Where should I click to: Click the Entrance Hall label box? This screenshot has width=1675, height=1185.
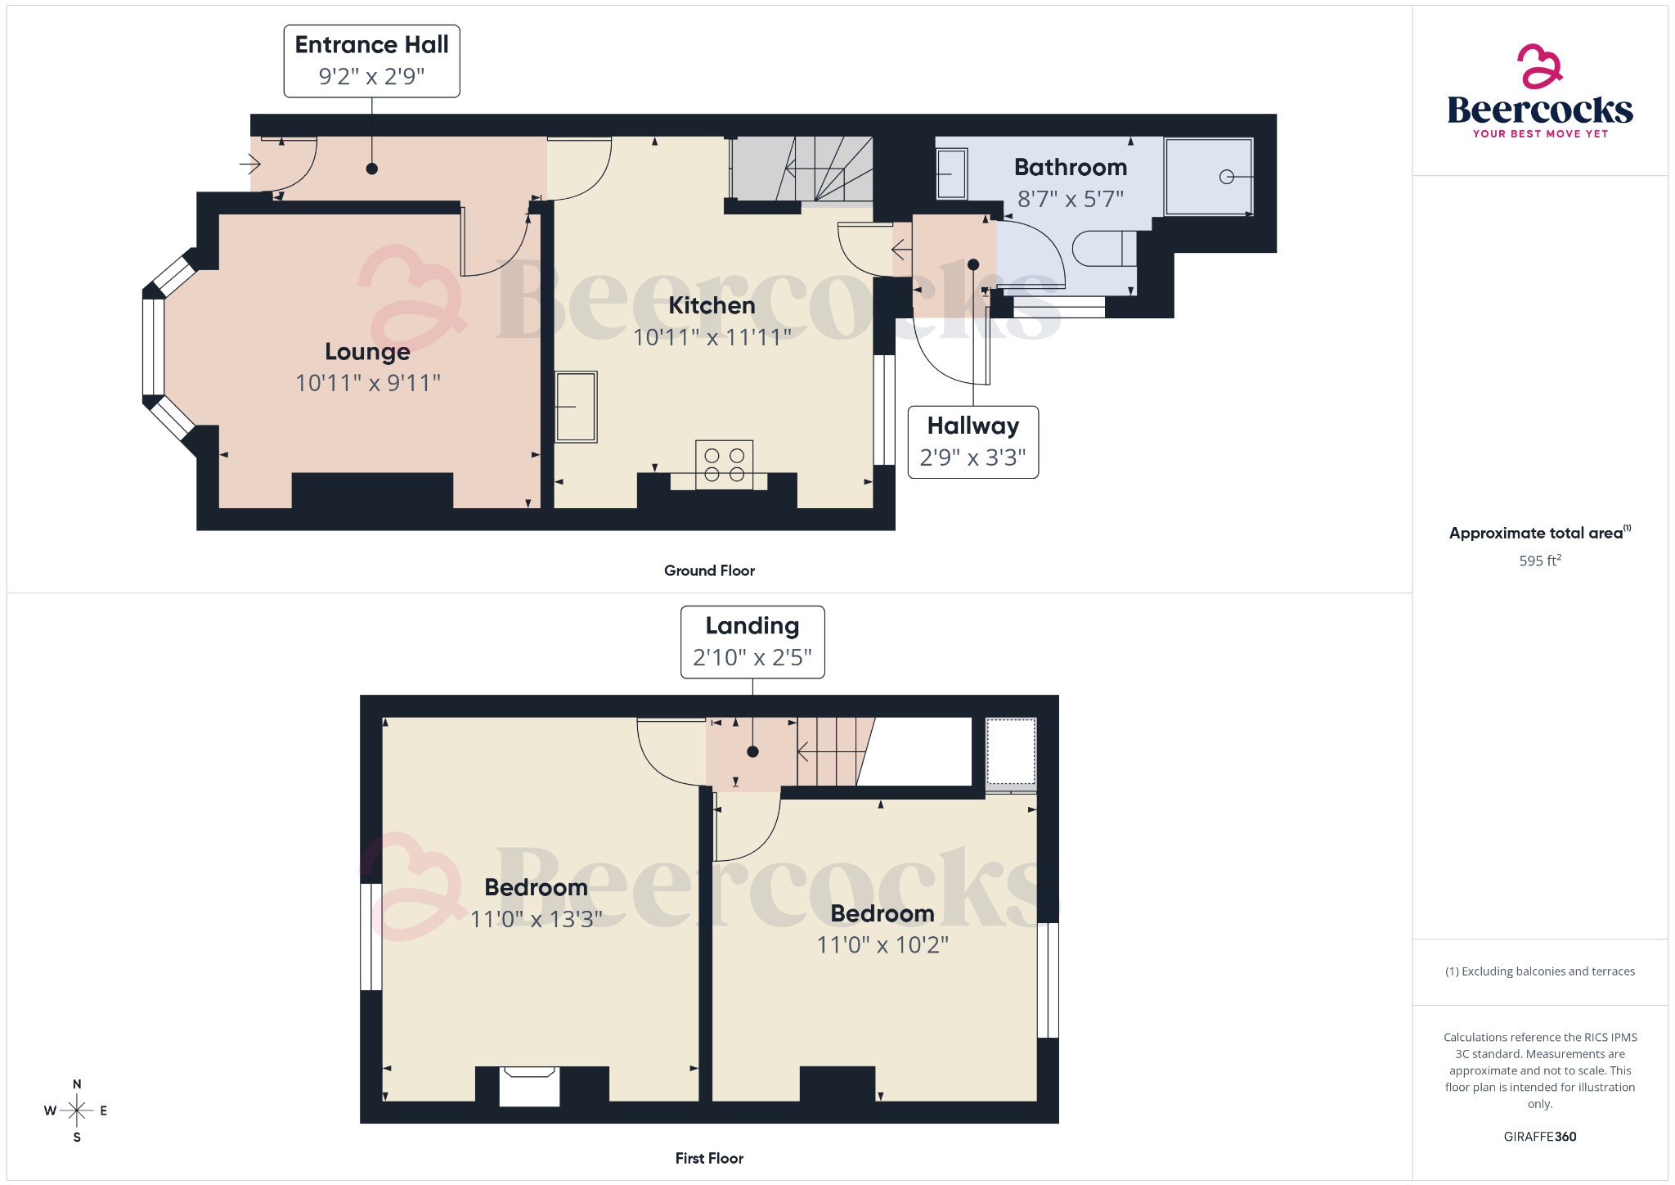[x=371, y=61]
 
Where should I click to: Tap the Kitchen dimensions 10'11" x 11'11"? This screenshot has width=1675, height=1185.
[x=712, y=337]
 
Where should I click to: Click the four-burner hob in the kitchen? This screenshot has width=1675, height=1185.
[x=724, y=465]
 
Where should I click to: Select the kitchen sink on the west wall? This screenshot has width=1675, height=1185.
[x=576, y=407]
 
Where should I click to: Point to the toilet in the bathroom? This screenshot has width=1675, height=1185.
[x=1103, y=249]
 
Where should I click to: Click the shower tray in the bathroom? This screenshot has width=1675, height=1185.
[x=1209, y=177]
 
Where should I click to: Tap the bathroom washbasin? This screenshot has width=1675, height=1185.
[x=951, y=173]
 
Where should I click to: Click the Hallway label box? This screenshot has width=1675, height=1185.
[x=972, y=442]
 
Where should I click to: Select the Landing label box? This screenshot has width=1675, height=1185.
[x=752, y=642]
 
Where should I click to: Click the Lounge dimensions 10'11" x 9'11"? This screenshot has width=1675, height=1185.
[x=368, y=383]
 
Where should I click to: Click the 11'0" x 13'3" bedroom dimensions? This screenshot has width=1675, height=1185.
[x=537, y=919]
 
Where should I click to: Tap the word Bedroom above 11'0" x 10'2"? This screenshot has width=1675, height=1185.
[x=882, y=913]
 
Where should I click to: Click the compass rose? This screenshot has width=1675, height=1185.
[x=77, y=1111]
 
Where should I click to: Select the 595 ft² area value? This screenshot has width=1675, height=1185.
[x=1540, y=561]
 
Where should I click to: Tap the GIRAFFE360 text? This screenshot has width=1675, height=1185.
[x=1540, y=1136]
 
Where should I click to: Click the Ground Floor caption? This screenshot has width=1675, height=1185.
[x=709, y=570]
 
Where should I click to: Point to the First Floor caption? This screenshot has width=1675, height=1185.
[x=709, y=1158]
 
